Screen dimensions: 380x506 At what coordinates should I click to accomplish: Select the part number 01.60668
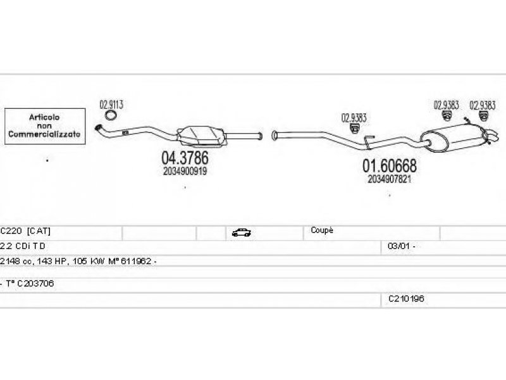[x=389, y=167]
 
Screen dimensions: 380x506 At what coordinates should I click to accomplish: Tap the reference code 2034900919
[x=185, y=171]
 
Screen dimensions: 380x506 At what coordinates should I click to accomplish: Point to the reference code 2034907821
[x=389, y=179]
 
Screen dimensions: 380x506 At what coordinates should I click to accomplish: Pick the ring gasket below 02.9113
[x=111, y=116]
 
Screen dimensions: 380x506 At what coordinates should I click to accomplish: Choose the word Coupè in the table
[x=322, y=231]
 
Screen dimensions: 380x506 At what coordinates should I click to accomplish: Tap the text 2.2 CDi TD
[x=23, y=246]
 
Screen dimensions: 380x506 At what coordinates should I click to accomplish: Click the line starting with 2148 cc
[x=78, y=261]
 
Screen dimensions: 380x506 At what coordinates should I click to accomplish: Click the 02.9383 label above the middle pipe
[x=354, y=117]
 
